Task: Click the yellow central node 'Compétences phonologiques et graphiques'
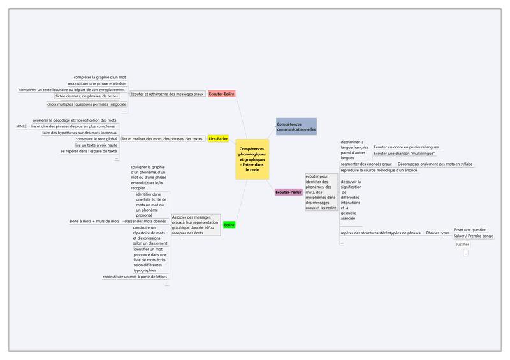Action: tap(252, 159)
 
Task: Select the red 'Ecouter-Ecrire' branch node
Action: tap(222, 94)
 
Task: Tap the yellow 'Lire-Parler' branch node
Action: tap(219, 138)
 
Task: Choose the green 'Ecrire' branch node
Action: tap(229, 225)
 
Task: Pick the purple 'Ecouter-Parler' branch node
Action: tap(288, 191)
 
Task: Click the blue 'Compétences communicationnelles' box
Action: tap(296, 126)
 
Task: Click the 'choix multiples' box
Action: tap(60, 104)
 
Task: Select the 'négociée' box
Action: tap(119, 104)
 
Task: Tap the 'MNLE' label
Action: tap(22, 127)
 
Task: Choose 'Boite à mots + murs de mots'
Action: tap(94, 221)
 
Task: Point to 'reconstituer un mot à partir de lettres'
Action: tap(136, 277)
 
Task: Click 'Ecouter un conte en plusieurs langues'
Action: tap(406, 147)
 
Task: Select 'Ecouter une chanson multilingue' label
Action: tap(406, 154)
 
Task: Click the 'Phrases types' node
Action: tap(437, 233)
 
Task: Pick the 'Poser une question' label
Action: tap(470, 229)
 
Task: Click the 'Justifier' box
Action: tap(463, 244)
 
